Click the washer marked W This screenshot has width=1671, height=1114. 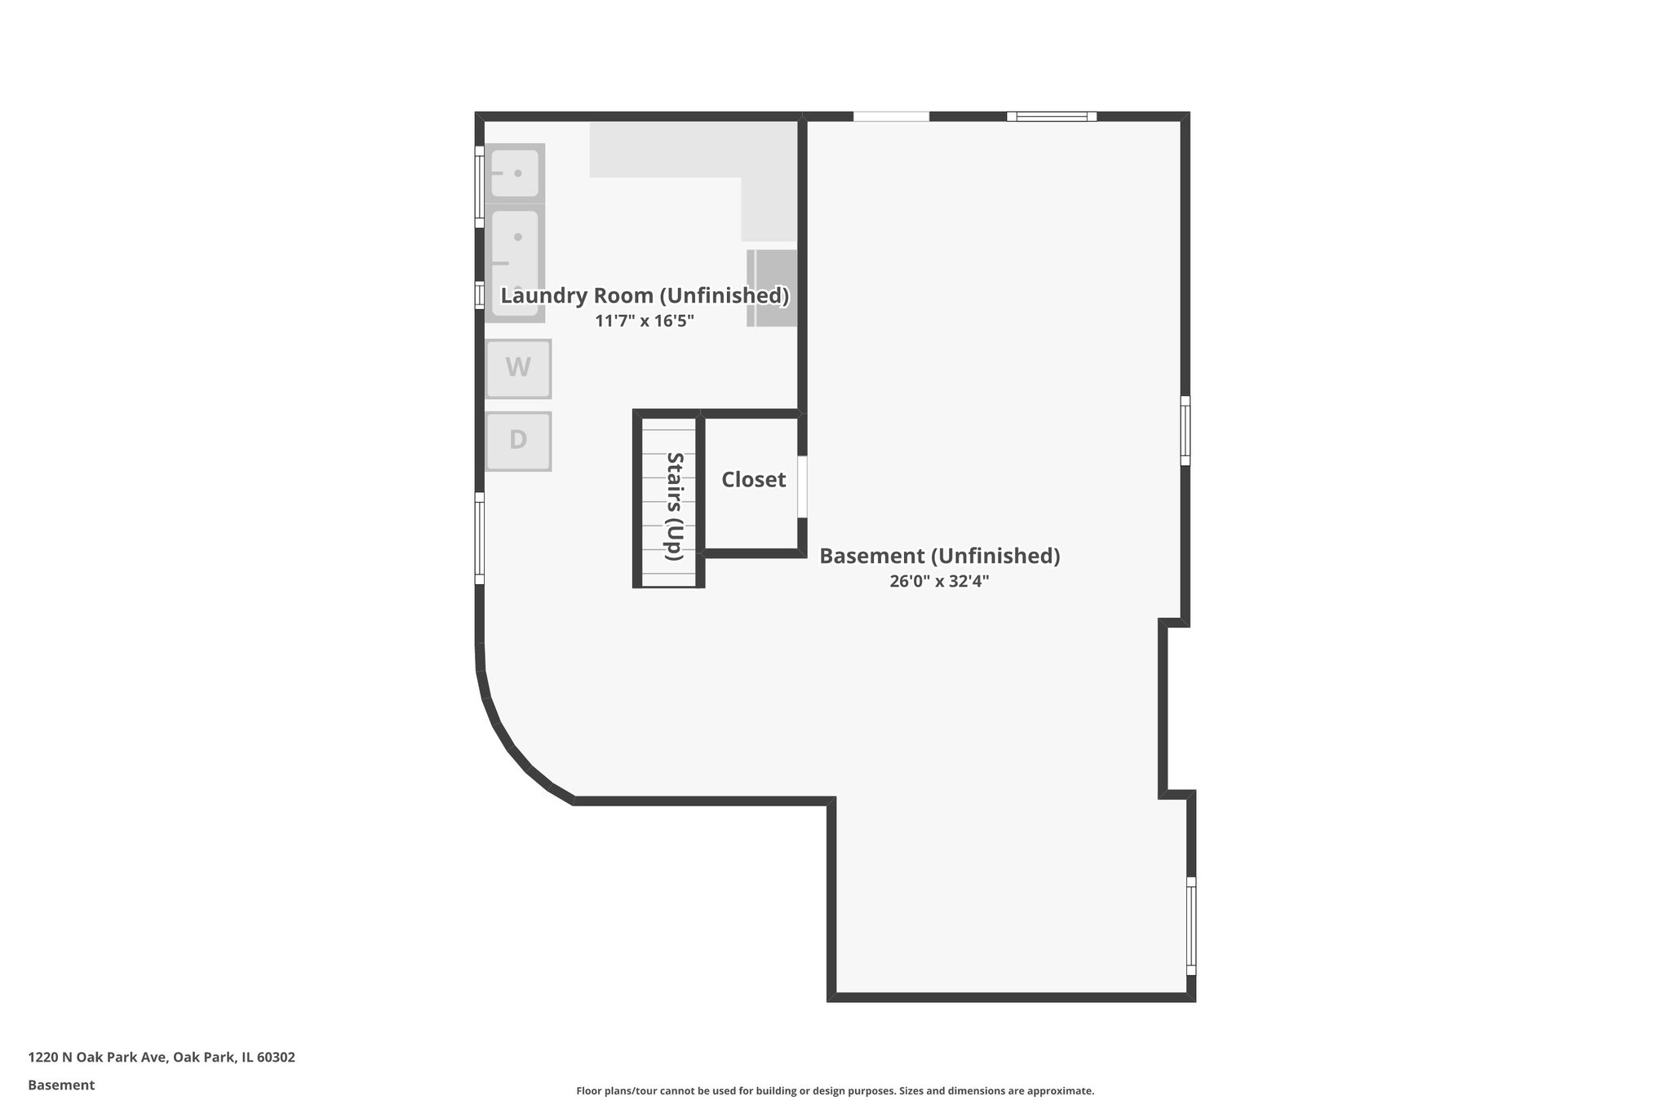pyautogui.click(x=518, y=368)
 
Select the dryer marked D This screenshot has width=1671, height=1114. pyautogui.click(x=518, y=441)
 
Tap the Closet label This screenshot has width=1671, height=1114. pyautogui.click(x=753, y=480)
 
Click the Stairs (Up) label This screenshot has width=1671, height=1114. pyautogui.click(x=674, y=506)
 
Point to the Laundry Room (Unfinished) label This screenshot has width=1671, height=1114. pyautogui.click(x=645, y=295)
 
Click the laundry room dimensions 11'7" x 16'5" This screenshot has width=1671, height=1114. pyautogui.click(x=645, y=321)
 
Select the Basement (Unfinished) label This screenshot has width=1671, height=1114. pyautogui.click(x=939, y=556)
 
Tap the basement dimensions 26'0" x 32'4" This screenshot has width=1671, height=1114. pyautogui.click(x=939, y=581)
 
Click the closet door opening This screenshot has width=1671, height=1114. pyautogui.click(x=802, y=486)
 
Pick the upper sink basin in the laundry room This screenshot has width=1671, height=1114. pyautogui.click(x=515, y=173)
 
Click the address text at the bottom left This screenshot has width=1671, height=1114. pyautogui.click(x=162, y=1057)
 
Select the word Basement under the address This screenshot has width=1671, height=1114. pyautogui.click(x=61, y=1085)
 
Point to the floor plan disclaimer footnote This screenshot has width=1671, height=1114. pyautogui.click(x=835, y=1090)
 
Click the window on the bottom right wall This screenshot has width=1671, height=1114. pyautogui.click(x=1190, y=925)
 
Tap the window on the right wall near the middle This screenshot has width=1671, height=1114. pyautogui.click(x=1185, y=430)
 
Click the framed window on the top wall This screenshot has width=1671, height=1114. pyautogui.click(x=1051, y=116)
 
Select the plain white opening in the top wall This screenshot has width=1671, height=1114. pyautogui.click(x=891, y=116)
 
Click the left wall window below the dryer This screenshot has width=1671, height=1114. pyautogui.click(x=480, y=538)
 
